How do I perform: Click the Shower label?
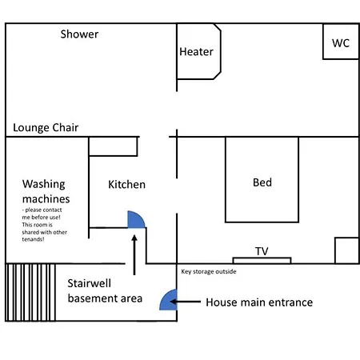(x=79, y=34)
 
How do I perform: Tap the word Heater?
(x=196, y=52)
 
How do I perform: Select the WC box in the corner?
(x=341, y=42)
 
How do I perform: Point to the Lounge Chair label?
(x=46, y=128)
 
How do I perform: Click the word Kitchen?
(x=126, y=185)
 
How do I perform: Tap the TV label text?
(x=262, y=251)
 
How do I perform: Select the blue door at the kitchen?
(x=136, y=219)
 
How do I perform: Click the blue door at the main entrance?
(x=169, y=300)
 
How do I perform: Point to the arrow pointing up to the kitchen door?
(x=134, y=254)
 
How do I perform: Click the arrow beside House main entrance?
(x=186, y=302)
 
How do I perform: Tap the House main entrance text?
(x=259, y=302)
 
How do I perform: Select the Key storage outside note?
(x=209, y=271)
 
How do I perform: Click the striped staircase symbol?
(x=30, y=292)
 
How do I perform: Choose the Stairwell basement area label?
(x=105, y=290)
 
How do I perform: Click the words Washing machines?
(x=46, y=191)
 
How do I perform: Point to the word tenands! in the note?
(x=33, y=239)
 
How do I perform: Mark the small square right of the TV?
(x=346, y=250)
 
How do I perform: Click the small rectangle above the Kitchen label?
(x=113, y=146)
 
